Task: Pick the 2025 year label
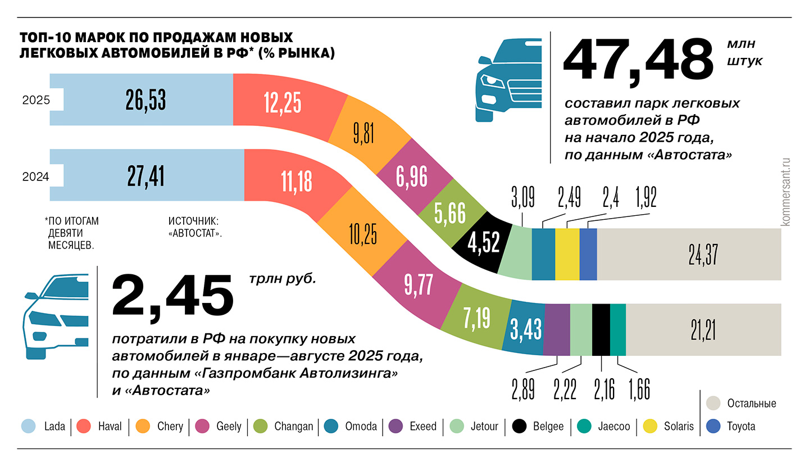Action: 36,101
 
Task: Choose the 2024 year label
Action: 36,177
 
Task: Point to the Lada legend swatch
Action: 28,426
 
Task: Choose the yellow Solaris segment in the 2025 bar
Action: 567,254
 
